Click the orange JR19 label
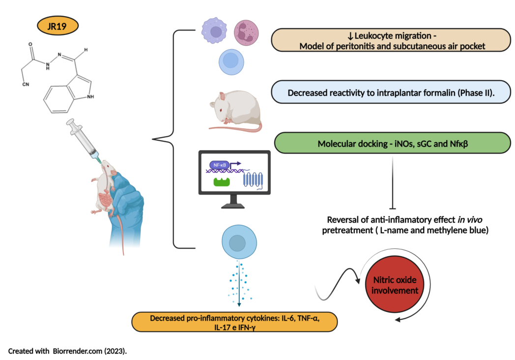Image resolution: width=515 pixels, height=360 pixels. [x=57, y=26]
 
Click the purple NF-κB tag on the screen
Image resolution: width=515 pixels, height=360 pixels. [x=219, y=166]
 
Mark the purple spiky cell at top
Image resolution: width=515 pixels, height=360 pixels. [x=214, y=31]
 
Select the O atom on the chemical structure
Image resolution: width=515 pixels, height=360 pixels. [x=30, y=44]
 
